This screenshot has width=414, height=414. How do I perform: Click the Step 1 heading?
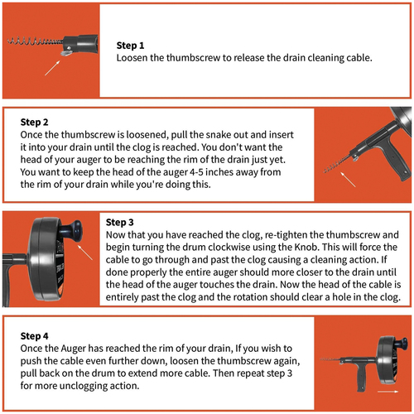pos(130,46)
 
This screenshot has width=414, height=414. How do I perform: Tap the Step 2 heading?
pos(34,122)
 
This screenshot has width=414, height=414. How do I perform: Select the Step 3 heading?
pos(120,222)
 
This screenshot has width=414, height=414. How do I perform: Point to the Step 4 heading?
pos(34,336)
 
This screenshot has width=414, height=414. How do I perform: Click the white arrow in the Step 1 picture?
pos(52,68)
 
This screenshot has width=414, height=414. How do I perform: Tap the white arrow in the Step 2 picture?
pos(348,180)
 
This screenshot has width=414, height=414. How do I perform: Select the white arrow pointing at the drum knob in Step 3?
pos(85,252)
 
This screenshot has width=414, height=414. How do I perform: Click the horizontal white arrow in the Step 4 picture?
pos(388,392)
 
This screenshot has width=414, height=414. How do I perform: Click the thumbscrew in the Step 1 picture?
pos(66,52)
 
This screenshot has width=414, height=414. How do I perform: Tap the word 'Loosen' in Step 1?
pos(132,58)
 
